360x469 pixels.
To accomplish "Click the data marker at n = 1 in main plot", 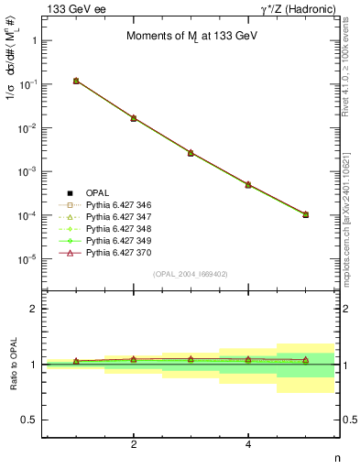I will pyautogui.click(x=76, y=81).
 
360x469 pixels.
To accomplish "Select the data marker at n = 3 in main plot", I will pyautogui.click(x=191, y=152).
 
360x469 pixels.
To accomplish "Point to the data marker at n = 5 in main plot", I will pyautogui.click(x=305, y=214).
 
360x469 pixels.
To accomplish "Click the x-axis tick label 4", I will pyautogui.click(x=248, y=444).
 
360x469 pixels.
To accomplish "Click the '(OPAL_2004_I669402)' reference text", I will pyautogui.click(x=191, y=274).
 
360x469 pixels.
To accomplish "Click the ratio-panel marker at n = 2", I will pyautogui.click(x=134, y=359).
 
